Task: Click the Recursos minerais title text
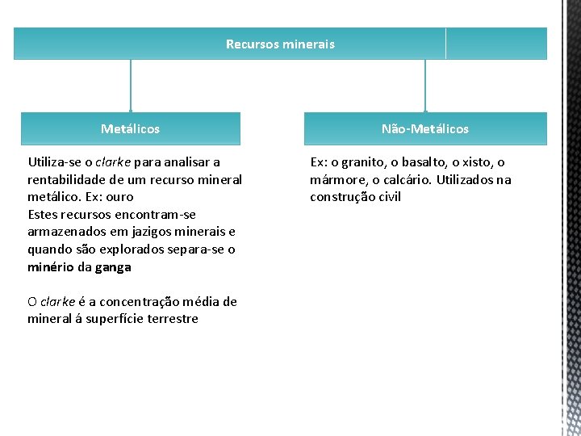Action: (280, 44)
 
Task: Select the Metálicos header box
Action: (130, 128)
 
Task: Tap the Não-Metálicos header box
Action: (425, 128)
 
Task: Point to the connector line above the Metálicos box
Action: (131, 86)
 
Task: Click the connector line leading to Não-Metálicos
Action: (425, 86)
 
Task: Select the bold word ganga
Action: (113, 267)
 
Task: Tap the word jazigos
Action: (144, 233)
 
